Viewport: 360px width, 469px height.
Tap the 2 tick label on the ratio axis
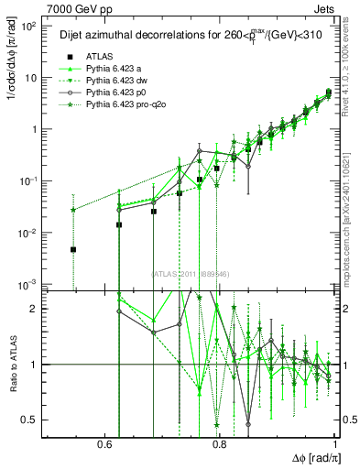point(34,309)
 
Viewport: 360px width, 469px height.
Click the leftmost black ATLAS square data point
point(72,249)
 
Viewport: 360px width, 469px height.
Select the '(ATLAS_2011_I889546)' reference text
point(190,272)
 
